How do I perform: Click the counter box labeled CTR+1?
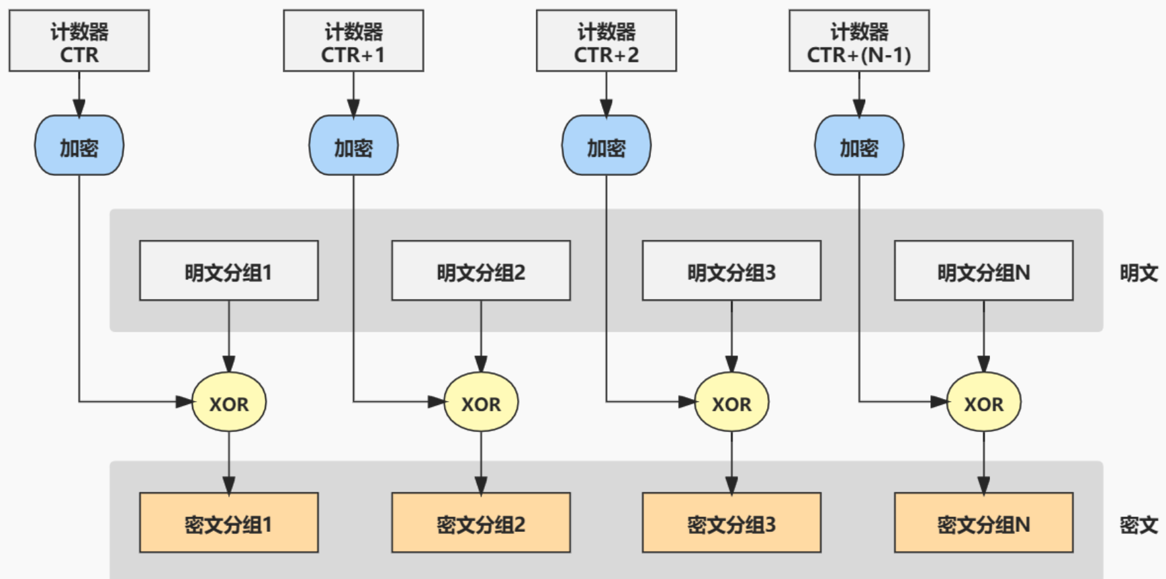tap(353, 41)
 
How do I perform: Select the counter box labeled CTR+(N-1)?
tap(858, 41)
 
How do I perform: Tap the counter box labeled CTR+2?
tap(606, 41)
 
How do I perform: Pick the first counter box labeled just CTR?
tap(79, 41)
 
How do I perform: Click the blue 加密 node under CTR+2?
tap(606, 146)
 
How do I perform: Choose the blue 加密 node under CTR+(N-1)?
tap(858, 146)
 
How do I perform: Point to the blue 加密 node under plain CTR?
tap(79, 146)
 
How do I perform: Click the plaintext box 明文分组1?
tap(228, 271)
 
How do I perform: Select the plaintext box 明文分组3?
tap(731, 271)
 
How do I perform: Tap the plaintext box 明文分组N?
tap(983, 271)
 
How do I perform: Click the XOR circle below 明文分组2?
tap(481, 402)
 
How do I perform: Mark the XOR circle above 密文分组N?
tap(983, 402)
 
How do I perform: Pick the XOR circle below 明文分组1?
tap(228, 402)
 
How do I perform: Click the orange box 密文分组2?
tap(481, 523)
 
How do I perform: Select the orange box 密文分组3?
tap(731, 523)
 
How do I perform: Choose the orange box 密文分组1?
tap(228, 523)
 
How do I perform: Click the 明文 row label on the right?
tap(1138, 273)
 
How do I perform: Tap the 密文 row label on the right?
tap(1138, 525)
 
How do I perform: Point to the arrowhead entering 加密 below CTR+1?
tap(353, 108)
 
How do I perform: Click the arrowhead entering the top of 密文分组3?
tap(731, 486)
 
